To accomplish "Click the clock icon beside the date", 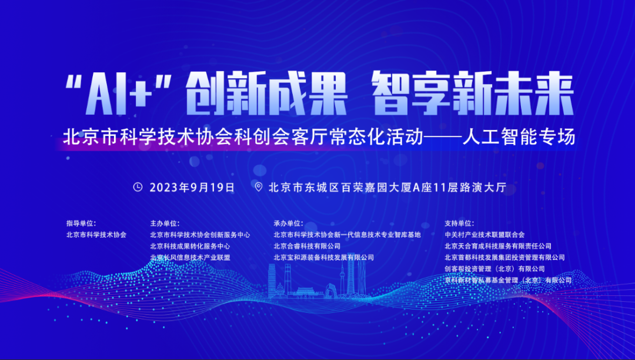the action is click(x=138, y=187).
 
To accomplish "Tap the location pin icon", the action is click(x=258, y=187).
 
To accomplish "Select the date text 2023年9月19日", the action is click(x=192, y=188).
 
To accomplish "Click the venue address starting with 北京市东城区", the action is click(x=387, y=188).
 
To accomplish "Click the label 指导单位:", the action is click(x=81, y=223).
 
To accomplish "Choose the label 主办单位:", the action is click(x=165, y=223).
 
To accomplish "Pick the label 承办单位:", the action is click(x=288, y=223).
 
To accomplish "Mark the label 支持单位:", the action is click(x=459, y=223).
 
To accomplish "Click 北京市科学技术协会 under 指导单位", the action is click(x=96, y=235).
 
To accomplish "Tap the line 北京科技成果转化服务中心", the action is click(x=190, y=246).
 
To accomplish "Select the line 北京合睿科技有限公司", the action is click(x=307, y=246).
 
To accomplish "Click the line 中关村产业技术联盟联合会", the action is click(x=484, y=235).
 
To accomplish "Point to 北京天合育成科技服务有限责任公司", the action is click(x=498, y=246).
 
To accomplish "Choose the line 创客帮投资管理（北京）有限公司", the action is click(x=495, y=268).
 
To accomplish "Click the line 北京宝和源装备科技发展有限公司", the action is click(x=323, y=257).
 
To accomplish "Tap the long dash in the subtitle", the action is click(x=443, y=137).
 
